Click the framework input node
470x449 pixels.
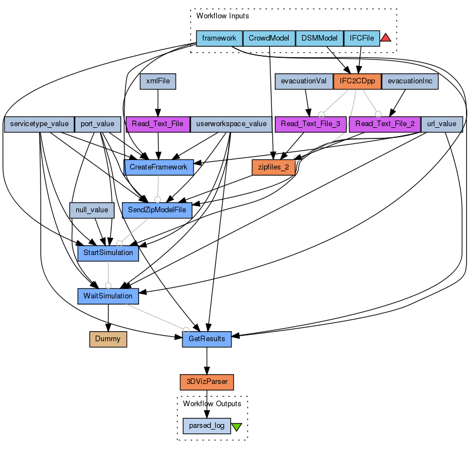tap(220, 38)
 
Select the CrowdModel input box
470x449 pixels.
tap(269, 38)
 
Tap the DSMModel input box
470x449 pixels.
tap(319, 38)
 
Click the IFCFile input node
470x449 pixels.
tap(362, 38)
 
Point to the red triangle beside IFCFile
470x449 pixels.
tap(386, 38)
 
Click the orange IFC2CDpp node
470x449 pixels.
tap(357, 81)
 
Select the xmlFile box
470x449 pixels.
tap(158, 81)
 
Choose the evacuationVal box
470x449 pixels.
tap(304, 81)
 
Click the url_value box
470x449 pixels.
tap(442, 124)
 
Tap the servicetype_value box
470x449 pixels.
tap(39, 124)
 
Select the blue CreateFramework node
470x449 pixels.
tap(159, 167)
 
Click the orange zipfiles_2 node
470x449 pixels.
tap(273, 167)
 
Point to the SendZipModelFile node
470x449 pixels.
tap(157, 210)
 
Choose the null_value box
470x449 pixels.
tap(92, 210)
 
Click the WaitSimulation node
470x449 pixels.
tap(108, 296)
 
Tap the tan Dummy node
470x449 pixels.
tap(108, 338)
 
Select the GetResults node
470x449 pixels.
tap(207, 338)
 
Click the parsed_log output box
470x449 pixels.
tap(207, 426)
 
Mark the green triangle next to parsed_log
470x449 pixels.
tap(237, 427)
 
